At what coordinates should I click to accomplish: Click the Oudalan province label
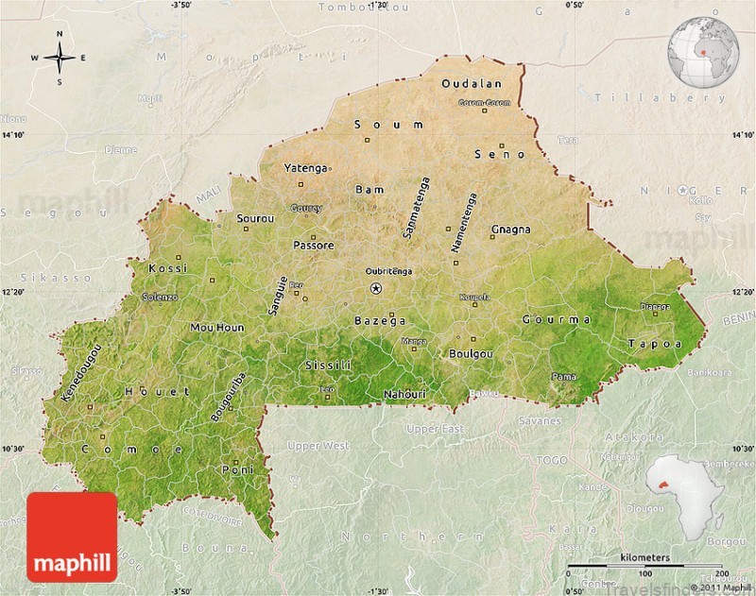(472, 84)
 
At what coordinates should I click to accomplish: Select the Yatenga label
(305, 168)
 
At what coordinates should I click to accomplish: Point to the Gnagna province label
(510, 230)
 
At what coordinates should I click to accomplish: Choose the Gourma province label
(557, 319)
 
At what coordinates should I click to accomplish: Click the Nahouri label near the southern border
(404, 394)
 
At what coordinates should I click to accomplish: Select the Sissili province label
(328, 365)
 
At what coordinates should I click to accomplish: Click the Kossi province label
(168, 268)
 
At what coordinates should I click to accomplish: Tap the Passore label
(313, 246)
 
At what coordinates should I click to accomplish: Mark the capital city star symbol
(376, 288)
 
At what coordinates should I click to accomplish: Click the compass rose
(59, 58)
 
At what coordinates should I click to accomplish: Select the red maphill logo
(72, 536)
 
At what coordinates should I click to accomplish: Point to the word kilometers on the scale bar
(647, 558)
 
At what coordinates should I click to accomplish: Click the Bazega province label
(380, 321)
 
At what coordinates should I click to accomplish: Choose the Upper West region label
(318, 446)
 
